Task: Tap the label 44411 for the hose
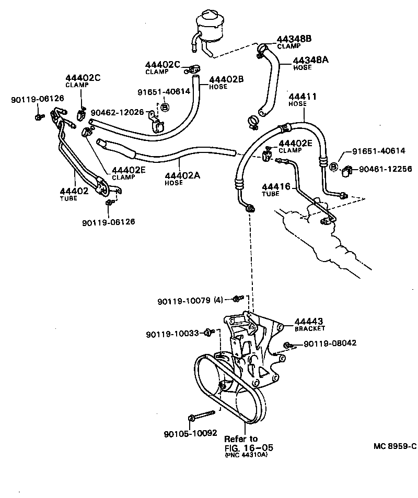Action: (x=303, y=97)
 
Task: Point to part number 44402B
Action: (x=227, y=79)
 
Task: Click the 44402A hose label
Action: (x=182, y=175)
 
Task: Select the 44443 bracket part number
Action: (x=309, y=322)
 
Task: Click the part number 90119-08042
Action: (x=330, y=343)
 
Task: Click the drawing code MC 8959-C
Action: (x=394, y=446)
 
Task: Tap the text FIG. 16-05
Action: (x=249, y=447)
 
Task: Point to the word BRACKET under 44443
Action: (x=310, y=329)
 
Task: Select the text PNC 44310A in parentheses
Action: (x=245, y=455)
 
